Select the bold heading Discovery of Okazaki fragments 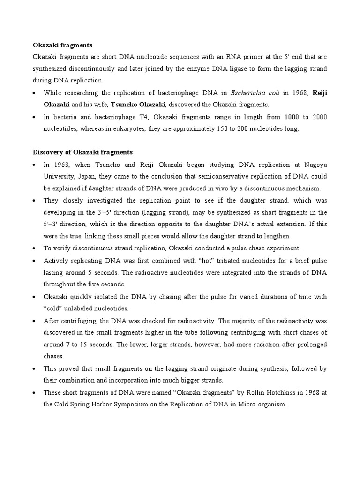click(82, 152)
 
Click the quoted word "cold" click(53, 308)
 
